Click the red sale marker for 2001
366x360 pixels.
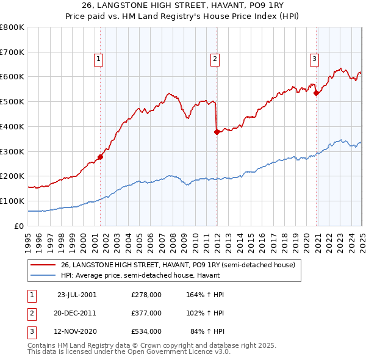101,157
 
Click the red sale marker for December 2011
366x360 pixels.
217,131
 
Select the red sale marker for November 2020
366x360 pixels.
316,93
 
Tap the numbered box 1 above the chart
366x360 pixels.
98,59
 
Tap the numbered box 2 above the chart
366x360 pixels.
215,59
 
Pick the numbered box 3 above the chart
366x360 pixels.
314,59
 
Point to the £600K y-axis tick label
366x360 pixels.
12,77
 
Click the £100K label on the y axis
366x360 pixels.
12,201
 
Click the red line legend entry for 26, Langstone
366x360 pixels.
178,265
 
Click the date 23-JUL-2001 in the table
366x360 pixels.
77,294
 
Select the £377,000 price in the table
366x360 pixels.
146,313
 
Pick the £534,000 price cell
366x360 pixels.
146,332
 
